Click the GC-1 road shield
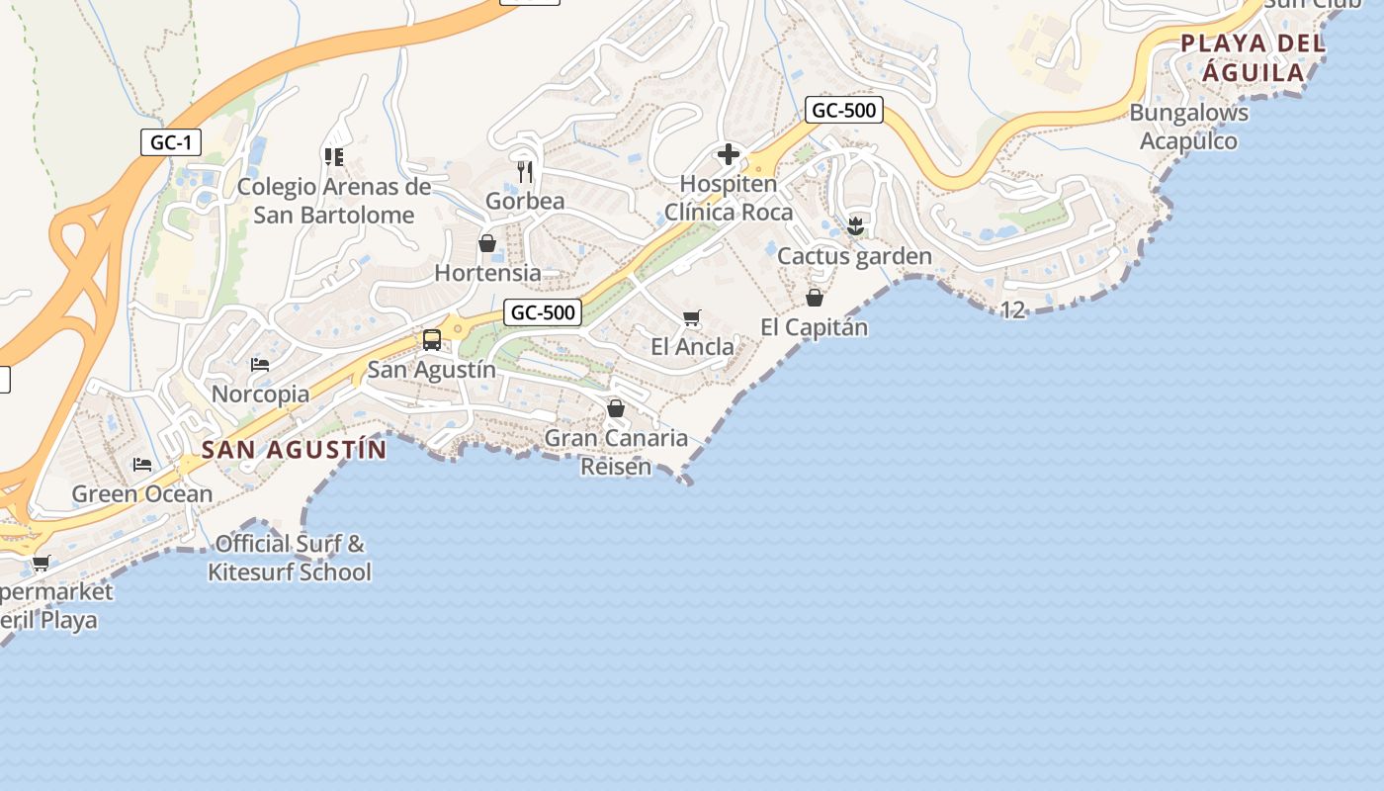pos(171,143)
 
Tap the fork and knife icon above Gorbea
pos(525,171)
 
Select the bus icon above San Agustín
pos(432,340)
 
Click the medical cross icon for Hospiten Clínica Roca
pos(729,154)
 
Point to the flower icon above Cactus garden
pos(856,226)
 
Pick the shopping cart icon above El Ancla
pos(692,317)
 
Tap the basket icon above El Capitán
pos(815,297)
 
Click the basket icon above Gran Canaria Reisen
pos(616,407)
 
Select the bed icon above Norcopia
pos(260,365)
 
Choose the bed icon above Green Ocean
pos(142,464)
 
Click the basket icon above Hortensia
pos(487,242)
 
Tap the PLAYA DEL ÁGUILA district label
pos(1254,57)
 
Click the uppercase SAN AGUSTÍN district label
pos(295,450)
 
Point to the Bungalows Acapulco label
pos(1189,127)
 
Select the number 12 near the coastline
pos(1012,310)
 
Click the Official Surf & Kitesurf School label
pos(290,558)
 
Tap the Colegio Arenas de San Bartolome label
pos(334,201)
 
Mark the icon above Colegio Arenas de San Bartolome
pos(333,156)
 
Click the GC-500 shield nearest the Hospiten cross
pos(843,110)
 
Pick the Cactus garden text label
pos(854,256)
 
